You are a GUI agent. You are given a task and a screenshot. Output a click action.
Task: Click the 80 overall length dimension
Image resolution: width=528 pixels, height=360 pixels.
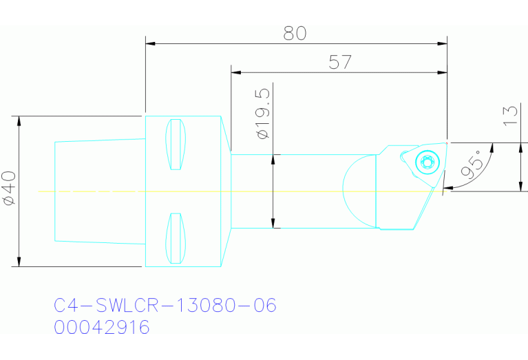click(295, 32)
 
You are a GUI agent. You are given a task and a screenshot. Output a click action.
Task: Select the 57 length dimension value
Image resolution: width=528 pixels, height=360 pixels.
click(339, 62)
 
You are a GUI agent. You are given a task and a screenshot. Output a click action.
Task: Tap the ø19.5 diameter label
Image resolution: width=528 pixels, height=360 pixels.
click(262, 114)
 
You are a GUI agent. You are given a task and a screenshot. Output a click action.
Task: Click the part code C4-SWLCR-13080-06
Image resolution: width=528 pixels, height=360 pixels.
click(165, 305)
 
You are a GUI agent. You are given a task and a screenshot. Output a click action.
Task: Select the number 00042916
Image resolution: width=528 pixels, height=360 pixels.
click(102, 328)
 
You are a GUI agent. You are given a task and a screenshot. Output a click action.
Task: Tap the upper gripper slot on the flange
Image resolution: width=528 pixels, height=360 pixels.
click(178, 145)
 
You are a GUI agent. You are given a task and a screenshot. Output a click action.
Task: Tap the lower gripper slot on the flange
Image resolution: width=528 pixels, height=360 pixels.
click(178, 237)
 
